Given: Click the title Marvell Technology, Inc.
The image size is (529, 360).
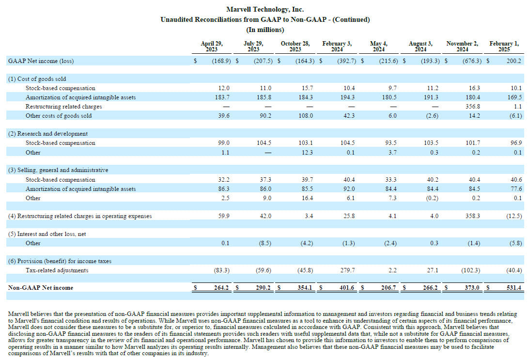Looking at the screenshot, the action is (265, 9).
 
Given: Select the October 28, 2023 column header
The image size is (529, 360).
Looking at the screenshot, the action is (295, 46).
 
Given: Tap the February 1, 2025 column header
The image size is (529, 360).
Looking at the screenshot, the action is (504, 46).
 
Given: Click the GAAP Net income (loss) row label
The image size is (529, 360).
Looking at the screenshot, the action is (41, 61).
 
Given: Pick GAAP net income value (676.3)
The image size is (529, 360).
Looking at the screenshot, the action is (472, 61).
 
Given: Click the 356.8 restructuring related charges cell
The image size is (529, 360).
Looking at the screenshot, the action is (473, 106).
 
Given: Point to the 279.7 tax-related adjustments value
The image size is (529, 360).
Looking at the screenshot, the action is (347, 270).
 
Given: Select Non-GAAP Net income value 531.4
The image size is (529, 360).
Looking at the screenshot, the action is (513, 288).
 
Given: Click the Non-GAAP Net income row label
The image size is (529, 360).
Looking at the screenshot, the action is (41, 288).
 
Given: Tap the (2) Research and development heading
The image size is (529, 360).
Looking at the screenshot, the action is (48, 134).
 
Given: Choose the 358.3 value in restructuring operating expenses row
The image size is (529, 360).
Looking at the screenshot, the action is (473, 216).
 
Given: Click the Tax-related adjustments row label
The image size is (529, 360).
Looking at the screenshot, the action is (57, 270).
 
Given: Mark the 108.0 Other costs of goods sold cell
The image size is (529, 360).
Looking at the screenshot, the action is (306, 116).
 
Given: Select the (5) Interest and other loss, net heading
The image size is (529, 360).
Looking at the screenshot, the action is (47, 234).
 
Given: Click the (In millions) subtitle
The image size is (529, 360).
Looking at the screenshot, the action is (265, 30).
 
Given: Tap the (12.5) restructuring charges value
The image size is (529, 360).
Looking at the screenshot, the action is (514, 216).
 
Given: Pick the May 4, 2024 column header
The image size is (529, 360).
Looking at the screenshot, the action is (379, 46).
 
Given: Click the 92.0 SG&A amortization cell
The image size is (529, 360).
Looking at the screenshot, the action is (349, 189).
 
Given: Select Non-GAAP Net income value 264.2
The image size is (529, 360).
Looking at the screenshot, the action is (221, 288).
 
